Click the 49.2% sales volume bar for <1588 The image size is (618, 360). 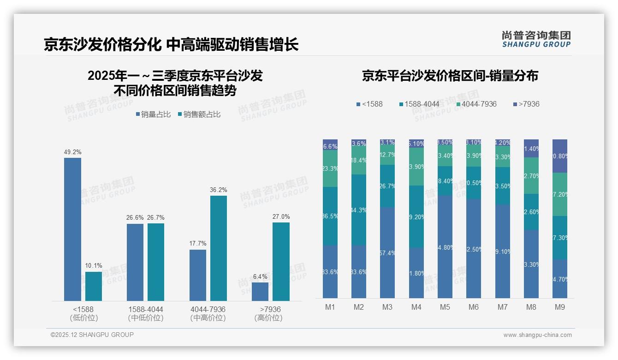click(x=72, y=229)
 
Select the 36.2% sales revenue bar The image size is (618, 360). click(x=219, y=248)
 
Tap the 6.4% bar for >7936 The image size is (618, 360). click(x=260, y=292)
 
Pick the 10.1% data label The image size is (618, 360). click(x=94, y=265)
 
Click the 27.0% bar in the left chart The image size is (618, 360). click(x=281, y=262)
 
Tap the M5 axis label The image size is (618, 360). click(x=445, y=307)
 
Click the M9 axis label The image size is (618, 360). click(x=559, y=307)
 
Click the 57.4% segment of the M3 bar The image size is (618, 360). click(x=387, y=253)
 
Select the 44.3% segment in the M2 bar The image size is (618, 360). click(x=359, y=210)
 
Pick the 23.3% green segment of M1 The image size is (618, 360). click(x=330, y=168)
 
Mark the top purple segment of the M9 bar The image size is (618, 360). click(x=559, y=156)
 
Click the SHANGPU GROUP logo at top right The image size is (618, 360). click(x=536, y=39)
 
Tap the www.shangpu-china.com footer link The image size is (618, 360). click(x=537, y=335)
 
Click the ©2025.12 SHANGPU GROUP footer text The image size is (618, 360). click(x=92, y=335)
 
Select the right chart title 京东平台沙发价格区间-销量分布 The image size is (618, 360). click(x=450, y=76)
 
